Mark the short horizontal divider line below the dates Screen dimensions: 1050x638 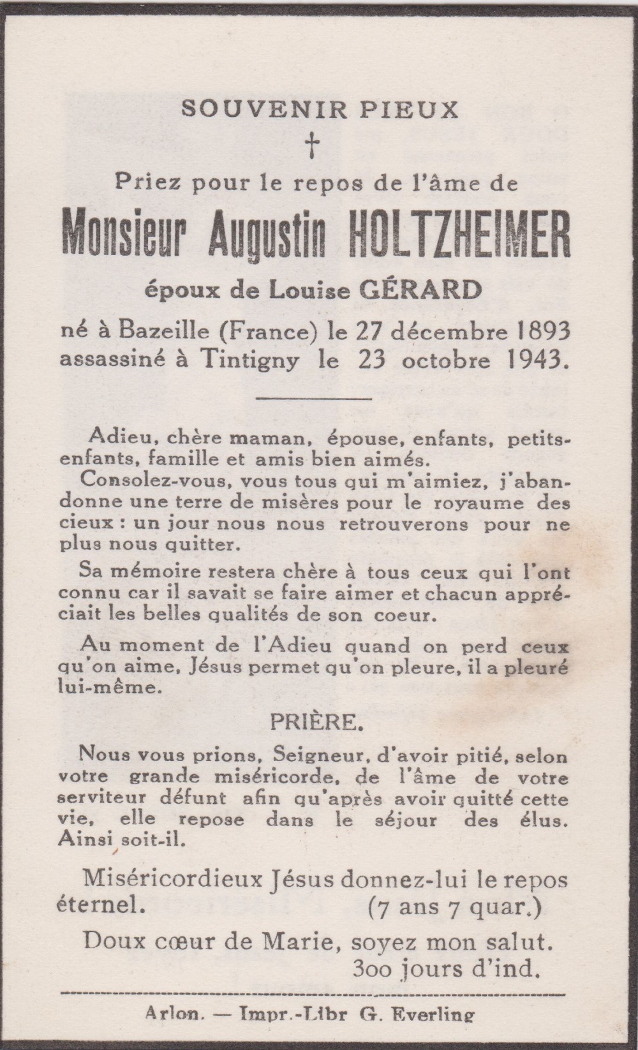tap(313, 399)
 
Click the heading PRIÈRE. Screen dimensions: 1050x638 tap(314, 723)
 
